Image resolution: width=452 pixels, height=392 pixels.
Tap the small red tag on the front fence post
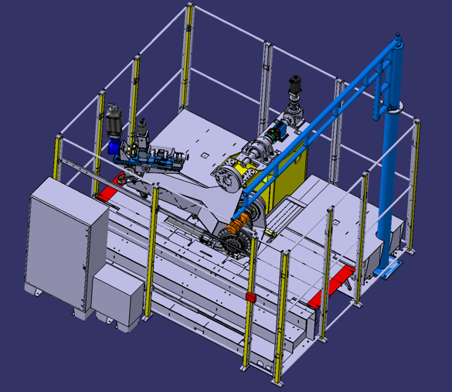point(250,298)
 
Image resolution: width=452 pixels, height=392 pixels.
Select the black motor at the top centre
point(295,84)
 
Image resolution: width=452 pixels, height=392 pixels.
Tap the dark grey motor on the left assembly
point(116,118)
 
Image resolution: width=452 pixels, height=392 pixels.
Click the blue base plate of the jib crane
point(387,270)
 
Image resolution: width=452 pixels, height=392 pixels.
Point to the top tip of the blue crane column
point(398,36)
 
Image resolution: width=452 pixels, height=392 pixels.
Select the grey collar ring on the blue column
point(392,109)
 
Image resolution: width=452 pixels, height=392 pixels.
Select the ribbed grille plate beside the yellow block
point(293,208)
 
